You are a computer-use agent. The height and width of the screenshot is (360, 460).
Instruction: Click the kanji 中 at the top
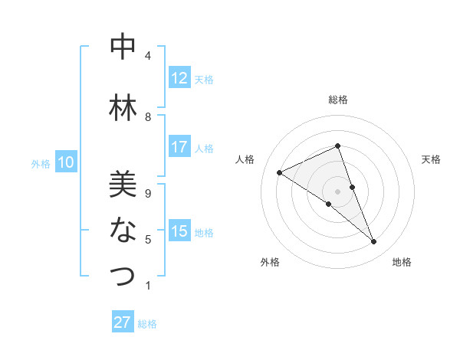point(123,47)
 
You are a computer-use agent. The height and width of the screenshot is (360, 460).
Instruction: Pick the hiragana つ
point(123,275)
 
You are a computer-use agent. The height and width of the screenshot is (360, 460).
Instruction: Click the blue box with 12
point(179,78)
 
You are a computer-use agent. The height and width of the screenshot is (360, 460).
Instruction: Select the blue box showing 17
point(179,147)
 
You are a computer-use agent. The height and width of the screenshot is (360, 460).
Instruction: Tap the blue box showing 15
point(179,231)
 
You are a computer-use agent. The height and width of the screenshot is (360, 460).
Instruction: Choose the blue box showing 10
point(66,162)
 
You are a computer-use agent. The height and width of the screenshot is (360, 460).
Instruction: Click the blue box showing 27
point(123,322)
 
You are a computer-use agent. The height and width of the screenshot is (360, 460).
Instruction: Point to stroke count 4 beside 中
point(148,56)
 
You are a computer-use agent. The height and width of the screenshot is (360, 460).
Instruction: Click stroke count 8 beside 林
point(148,117)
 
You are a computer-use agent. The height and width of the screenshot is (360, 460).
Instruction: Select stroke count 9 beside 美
point(148,193)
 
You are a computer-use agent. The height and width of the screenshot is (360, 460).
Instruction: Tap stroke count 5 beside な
point(148,239)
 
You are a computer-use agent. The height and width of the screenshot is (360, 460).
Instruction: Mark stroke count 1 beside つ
point(148,285)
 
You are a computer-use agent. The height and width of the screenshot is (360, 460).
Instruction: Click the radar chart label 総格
point(338,100)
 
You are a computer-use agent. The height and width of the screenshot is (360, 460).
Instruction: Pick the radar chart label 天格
point(432,159)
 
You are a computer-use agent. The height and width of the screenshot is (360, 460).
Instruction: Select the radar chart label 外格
point(270,262)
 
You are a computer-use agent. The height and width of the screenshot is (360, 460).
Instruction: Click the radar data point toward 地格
point(374,242)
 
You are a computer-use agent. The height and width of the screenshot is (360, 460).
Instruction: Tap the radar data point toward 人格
point(279,172)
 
